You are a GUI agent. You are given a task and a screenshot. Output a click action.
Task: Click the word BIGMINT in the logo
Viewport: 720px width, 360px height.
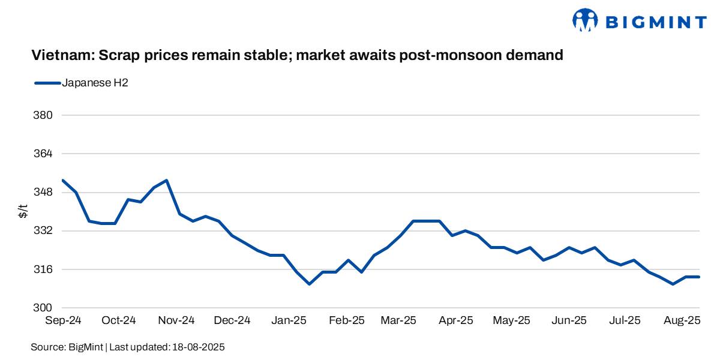(655, 23)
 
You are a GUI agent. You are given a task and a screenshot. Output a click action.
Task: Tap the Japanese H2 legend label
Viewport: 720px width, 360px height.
(95, 83)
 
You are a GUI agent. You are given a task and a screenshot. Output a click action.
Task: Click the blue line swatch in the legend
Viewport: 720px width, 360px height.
(47, 83)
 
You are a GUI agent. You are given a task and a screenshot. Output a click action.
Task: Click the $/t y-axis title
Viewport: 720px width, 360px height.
(23, 211)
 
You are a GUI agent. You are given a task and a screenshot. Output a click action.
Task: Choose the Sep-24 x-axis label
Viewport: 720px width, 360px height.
(63, 320)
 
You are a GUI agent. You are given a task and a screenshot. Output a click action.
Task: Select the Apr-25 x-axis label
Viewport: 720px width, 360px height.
(455, 320)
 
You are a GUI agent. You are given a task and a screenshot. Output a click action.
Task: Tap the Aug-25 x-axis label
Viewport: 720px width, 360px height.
(681, 320)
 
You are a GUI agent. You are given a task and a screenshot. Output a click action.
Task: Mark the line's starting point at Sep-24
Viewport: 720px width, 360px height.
(63, 180)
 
